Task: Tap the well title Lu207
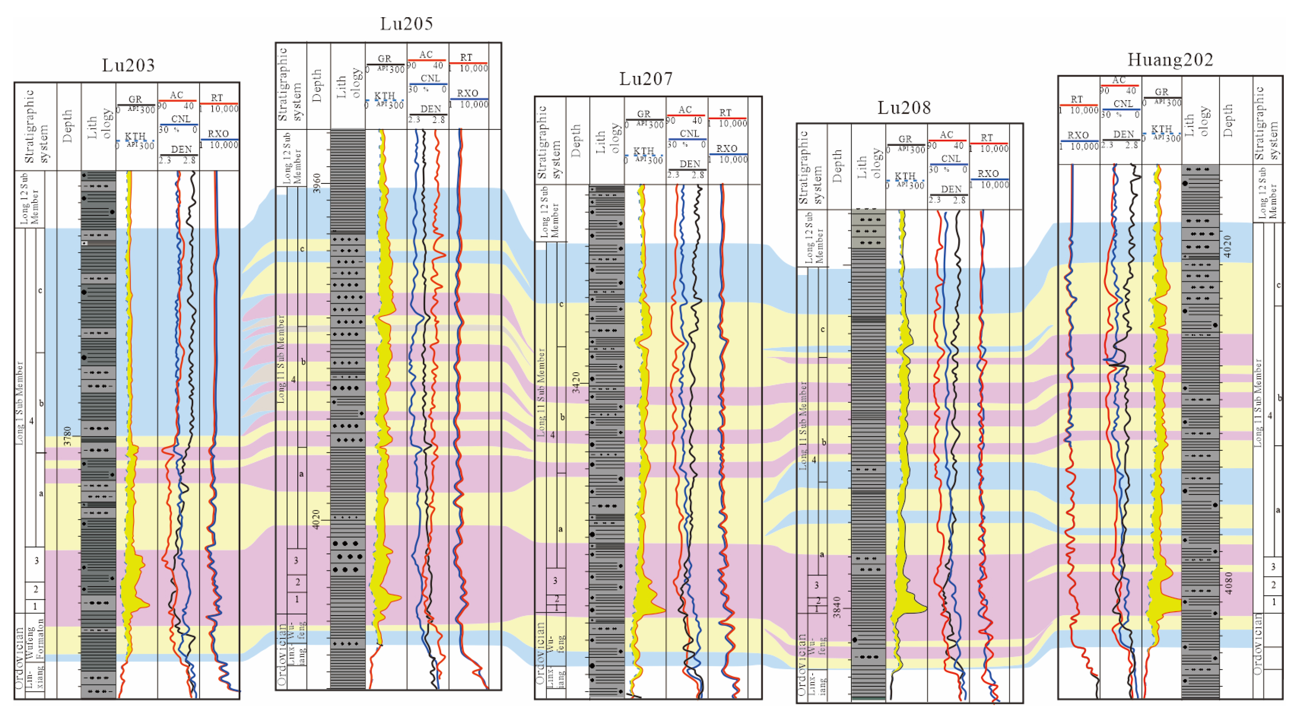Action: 645,79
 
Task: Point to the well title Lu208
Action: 904,108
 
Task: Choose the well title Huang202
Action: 1170,60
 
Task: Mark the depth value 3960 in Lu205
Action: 317,183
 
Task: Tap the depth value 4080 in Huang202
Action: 1229,583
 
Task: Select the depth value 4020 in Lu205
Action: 316,519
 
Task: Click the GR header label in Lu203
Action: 135,99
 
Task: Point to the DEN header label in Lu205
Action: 430,109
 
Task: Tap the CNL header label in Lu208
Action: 951,158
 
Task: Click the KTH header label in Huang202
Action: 1161,129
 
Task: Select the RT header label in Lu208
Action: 987,137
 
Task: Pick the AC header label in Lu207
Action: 685,110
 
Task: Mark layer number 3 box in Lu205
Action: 296,560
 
